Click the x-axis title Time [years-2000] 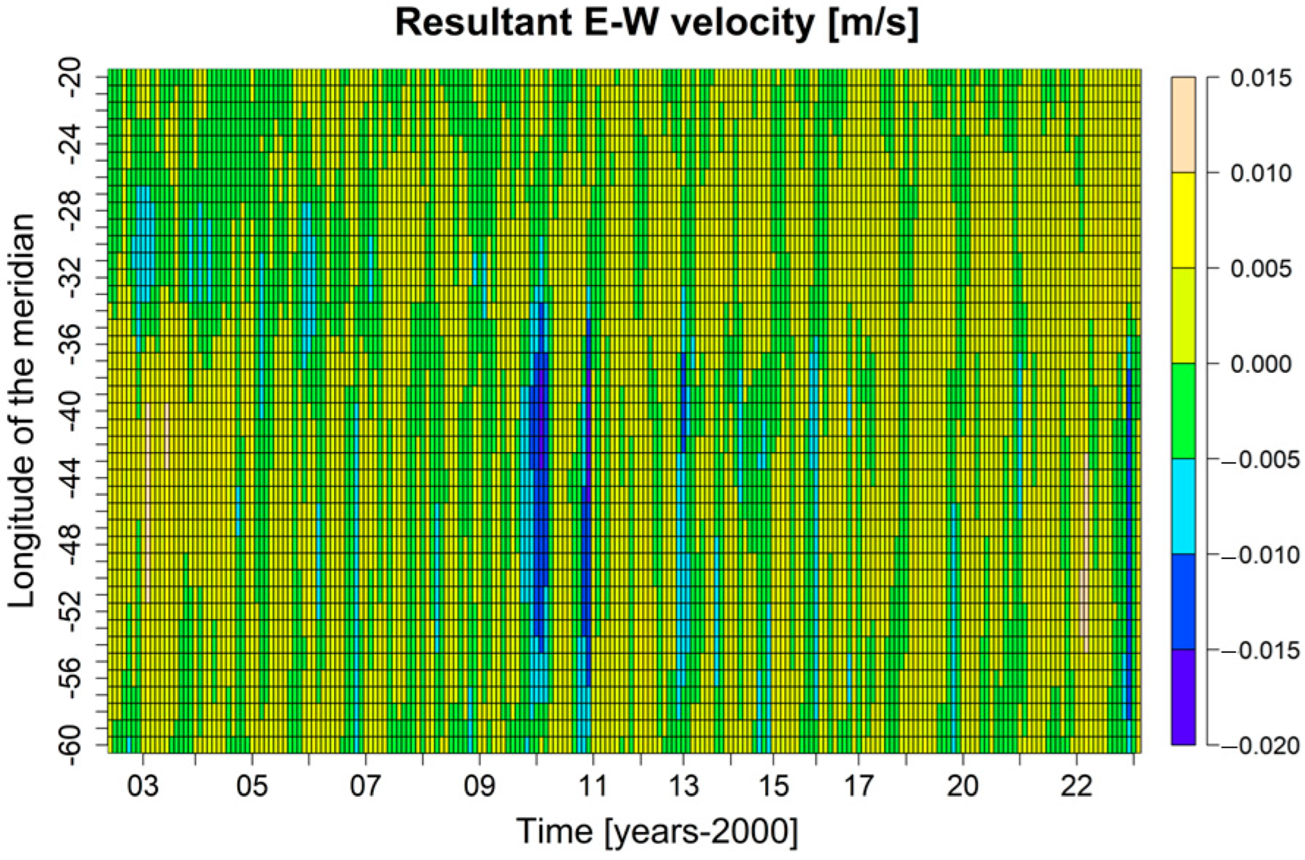656,832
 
